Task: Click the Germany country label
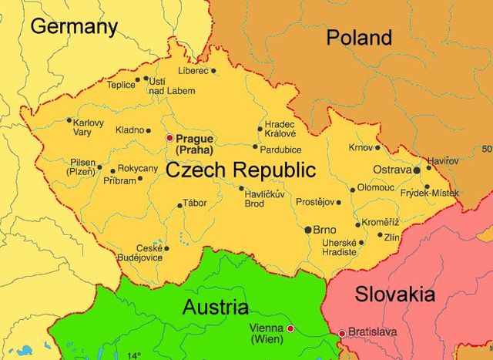pos(73,27)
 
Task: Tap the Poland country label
pos(359,37)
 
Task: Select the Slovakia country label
pos(395,294)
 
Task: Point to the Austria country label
pos(216,308)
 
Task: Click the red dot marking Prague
pos(170,138)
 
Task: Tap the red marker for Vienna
pos(291,329)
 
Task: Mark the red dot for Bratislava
pos(342,333)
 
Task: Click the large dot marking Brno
pos(308,230)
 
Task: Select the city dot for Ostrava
pos(417,170)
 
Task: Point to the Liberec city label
pos(193,71)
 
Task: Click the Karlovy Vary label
pos(88,127)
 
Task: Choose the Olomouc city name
pos(376,187)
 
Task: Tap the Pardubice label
pos(281,150)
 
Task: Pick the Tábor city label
pos(196,204)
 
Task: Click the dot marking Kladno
pos(149,130)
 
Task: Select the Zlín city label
pos(393,237)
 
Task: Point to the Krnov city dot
pos(377,147)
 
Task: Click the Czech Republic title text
pos(241,170)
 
